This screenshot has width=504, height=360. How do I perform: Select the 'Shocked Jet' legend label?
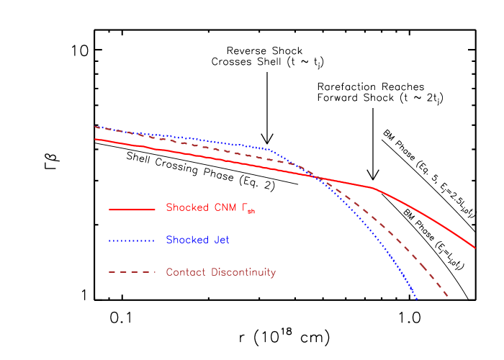tap(197, 240)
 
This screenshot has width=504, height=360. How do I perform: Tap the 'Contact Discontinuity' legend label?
tap(220, 272)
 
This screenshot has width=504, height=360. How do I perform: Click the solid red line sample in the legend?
tap(132, 210)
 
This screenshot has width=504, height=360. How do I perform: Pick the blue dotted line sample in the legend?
tap(132, 240)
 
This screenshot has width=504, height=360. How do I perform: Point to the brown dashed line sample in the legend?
tap(132, 272)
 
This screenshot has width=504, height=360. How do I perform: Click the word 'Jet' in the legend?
tap(220, 240)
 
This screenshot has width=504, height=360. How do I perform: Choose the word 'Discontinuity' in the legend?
tap(242, 272)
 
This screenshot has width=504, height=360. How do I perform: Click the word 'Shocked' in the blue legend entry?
tap(186, 240)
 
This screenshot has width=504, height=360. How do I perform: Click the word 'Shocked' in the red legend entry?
tap(186, 207)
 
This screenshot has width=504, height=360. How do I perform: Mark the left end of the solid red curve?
tap(95, 139)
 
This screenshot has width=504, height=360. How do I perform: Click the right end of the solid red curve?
tap(475, 248)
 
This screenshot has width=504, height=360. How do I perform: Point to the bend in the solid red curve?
tap(372, 187)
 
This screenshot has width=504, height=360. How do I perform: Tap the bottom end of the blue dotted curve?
tap(417, 300)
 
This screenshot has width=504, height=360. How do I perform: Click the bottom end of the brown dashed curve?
tap(449, 296)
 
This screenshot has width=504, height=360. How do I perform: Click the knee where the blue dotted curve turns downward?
tap(269, 149)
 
